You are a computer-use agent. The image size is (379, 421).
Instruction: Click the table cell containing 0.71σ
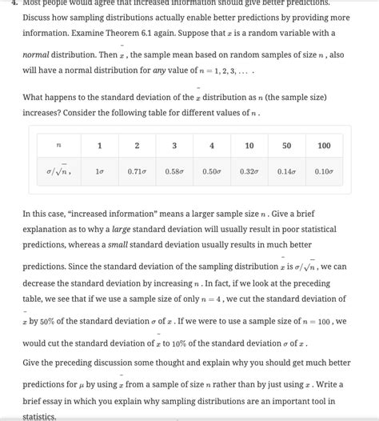(137, 171)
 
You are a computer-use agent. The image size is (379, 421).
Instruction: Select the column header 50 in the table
(286, 146)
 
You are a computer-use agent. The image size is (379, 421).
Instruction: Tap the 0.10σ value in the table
(324, 171)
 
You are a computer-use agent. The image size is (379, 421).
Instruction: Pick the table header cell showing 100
(324, 146)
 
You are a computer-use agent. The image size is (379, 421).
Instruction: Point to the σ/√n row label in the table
(59, 170)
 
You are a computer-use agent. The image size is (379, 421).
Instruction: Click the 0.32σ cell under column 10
(249, 171)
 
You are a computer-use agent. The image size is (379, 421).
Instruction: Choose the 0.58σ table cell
(174, 171)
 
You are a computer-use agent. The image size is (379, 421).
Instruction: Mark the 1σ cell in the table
(100, 171)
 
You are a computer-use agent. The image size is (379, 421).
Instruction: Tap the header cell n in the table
(59, 146)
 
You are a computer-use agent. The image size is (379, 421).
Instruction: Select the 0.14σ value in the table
(286, 171)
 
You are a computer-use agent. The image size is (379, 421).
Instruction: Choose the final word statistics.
(39, 415)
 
